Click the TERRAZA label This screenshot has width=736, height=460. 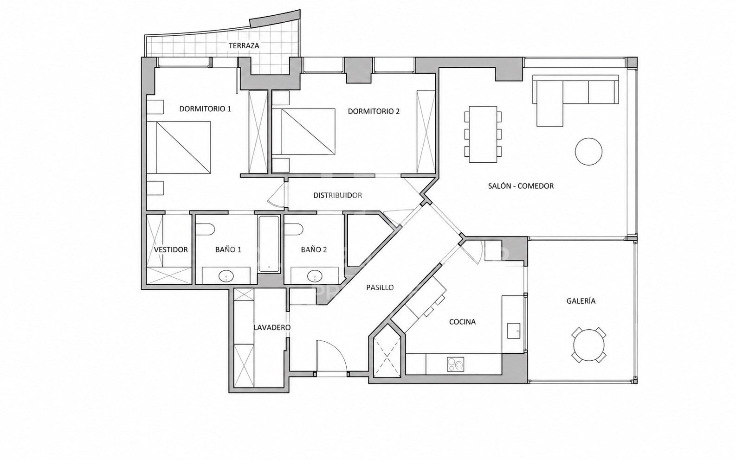(x=244, y=45)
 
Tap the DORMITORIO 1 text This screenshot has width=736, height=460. (x=205, y=109)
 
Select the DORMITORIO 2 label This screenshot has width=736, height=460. (x=374, y=111)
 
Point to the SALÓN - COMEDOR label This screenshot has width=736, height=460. (x=521, y=186)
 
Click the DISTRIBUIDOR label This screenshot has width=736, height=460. (x=337, y=195)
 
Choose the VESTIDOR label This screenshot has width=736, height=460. (x=171, y=249)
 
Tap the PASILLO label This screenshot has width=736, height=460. (x=380, y=287)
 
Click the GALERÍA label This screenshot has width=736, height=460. (x=581, y=301)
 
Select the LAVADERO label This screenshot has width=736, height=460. (x=272, y=327)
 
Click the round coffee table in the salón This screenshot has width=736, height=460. (x=588, y=151)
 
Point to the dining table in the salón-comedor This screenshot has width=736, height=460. (x=483, y=134)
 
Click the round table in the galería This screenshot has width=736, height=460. (x=589, y=345)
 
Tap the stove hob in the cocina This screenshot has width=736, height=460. (x=455, y=364)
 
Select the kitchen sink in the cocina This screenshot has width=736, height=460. (x=514, y=331)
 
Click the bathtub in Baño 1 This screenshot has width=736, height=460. (x=269, y=243)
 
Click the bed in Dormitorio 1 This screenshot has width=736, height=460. (x=178, y=147)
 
